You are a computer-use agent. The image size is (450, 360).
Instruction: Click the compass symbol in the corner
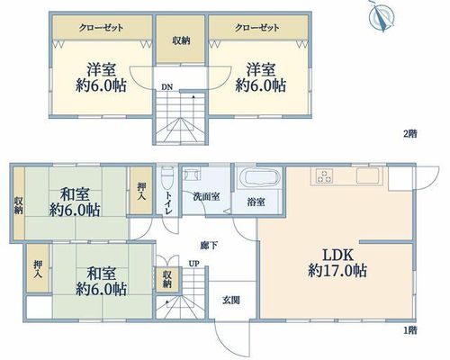pyautogui.click(x=382, y=15)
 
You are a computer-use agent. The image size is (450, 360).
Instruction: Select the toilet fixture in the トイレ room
pyautogui.click(x=166, y=180)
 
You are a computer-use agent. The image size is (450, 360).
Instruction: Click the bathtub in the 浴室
pyautogui.click(x=258, y=177)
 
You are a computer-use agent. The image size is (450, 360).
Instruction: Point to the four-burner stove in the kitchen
pyautogui.click(x=324, y=175)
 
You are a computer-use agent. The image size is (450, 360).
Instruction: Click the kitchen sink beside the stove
pyautogui.click(x=368, y=175)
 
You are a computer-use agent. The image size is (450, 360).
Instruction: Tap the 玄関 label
pyautogui.click(x=231, y=300)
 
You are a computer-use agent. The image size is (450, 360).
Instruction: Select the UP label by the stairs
pyautogui.click(x=194, y=264)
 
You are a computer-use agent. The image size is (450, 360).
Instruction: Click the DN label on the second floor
pyautogui.click(x=167, y=87)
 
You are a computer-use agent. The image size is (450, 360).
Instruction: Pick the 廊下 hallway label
pyautogui.click(x=209, y=246)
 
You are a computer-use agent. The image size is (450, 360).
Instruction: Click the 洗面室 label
pyautogui.click(x=206, y=196)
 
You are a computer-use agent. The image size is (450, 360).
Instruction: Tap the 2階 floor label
pyautogui.click(x=410, y=133)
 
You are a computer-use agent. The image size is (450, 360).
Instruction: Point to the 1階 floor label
pyautogui.click(x=410, y=330)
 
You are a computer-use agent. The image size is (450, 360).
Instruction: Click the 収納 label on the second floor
pyautogui.click(x=181, y=40)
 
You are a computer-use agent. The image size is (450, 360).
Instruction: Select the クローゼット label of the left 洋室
pyautogui.click(x=101, y=28)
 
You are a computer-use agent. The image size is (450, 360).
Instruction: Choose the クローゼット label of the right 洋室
pyautogui.click(x=257, y=28)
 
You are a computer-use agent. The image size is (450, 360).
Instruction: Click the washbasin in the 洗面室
pyautogui.click(x=192, y=174)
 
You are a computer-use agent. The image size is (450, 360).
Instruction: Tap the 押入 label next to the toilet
pyautogui.click(x=141, y=192)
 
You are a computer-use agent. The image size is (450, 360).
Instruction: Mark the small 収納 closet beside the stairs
pyautogui.click(x=167, y=279)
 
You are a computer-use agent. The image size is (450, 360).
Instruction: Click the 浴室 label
pyautogui.click(x=256, y=202)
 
